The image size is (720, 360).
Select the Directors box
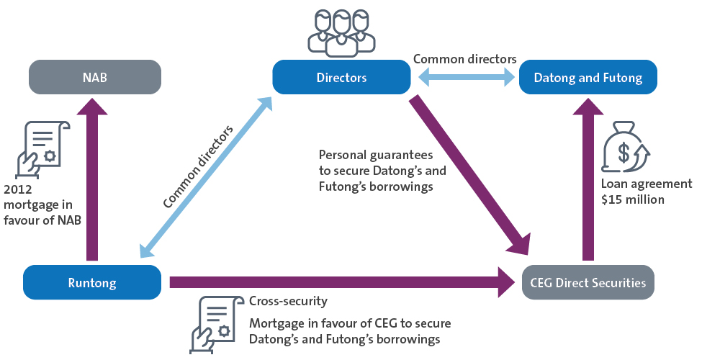click(341, 77)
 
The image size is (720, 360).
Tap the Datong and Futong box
click(588, 77)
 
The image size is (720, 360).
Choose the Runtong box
click(92, 282)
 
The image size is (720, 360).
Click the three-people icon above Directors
click(341, 33)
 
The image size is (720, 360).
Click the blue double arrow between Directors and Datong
click(465, 77)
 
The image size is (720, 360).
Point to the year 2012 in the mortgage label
click(18, 191)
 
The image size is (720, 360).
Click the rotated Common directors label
click(198, 167)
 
